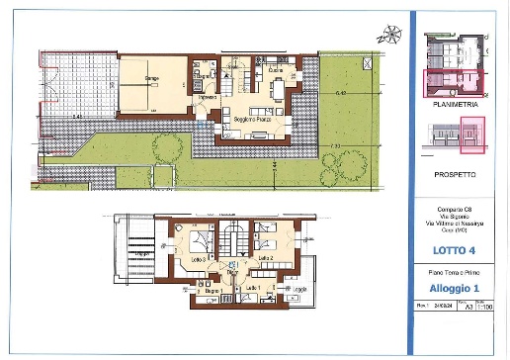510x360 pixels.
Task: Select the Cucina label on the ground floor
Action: pos(276,71)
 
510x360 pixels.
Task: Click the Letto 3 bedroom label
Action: pos(184,259)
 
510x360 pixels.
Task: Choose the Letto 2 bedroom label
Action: pos(265,257)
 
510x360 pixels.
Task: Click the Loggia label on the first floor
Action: pos(299,288)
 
